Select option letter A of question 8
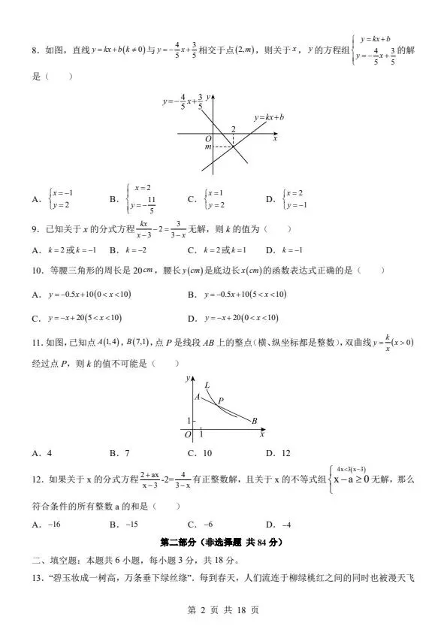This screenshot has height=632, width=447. coord(35,200)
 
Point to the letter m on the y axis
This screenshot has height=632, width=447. coord(208,147)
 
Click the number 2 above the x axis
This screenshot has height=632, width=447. coord(233,129)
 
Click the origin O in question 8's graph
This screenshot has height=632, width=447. coord(208,139)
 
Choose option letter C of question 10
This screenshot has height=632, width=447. coord(35,317)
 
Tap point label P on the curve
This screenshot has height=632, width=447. coord(221,401)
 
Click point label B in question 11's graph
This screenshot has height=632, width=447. coord(254,420)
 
